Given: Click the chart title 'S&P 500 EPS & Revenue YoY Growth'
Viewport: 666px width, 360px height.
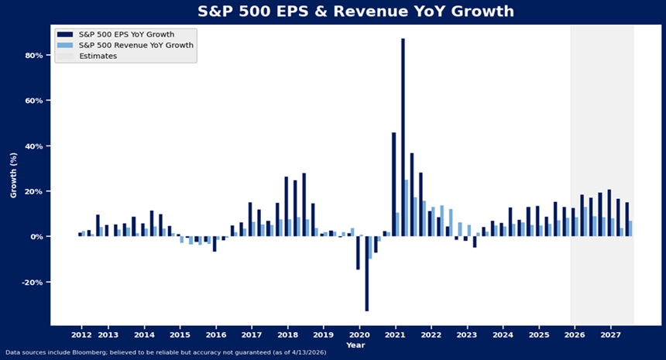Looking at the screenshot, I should [x=333, y=12].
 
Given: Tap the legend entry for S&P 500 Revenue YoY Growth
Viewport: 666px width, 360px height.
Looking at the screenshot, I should [x=132, y=46].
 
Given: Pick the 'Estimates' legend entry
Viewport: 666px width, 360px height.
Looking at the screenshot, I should [x=98, y=57].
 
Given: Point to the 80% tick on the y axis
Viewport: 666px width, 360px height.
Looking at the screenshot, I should [x=33, y=56].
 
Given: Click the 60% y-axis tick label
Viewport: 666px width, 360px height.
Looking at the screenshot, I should [x=33, y=101].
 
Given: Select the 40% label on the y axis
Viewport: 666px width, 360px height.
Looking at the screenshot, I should [x=33, y=146].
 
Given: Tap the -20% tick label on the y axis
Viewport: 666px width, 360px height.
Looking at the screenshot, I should [x=32, y=282].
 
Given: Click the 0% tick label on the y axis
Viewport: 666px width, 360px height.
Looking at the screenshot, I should [x=36, y=237].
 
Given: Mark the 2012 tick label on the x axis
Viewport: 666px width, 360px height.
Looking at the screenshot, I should [x=81, y=334].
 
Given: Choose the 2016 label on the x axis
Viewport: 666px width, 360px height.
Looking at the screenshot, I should [x=216, y=334].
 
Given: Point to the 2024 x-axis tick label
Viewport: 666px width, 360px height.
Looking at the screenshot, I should [x=503, y=334].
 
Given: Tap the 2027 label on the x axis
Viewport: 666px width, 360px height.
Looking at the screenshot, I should [x=610, y=334].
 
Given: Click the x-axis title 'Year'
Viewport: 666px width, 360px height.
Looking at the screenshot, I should [x=355, y=345].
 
